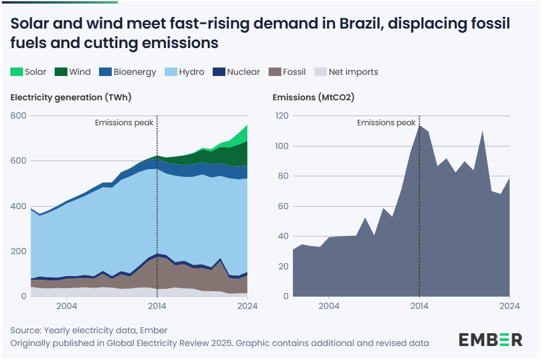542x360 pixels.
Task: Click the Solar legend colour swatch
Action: tap(16, 72)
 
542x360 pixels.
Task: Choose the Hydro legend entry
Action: tap(191, 72)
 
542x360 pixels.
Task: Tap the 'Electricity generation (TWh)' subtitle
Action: tap(71, 97)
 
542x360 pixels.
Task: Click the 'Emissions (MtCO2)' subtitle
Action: tap(313, 97)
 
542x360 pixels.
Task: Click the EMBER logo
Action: tap(490, 339)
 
